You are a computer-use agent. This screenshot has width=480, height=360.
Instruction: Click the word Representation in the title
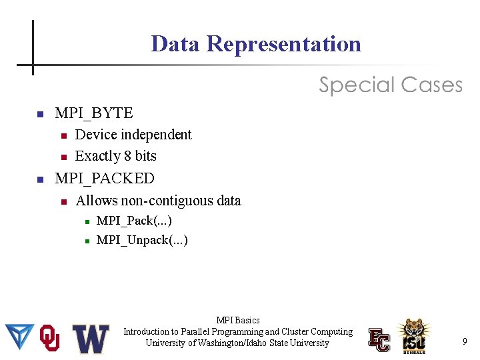click(284, 44)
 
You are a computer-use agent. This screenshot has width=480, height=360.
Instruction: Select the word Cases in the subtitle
click(431, 85)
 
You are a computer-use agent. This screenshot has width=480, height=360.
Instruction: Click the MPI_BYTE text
click(94, 113)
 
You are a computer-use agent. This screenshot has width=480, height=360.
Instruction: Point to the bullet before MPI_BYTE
click(39, 114)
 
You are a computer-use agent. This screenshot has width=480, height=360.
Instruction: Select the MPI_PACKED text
click(105, 179)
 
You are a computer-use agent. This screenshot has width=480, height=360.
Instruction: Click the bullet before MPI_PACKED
click(39, 179)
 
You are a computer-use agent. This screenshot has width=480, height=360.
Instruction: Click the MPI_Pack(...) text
click(134, 221)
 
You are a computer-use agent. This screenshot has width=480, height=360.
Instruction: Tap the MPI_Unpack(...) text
click(142, 240)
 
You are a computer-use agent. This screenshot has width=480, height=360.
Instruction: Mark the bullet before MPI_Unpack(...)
click(87, 241)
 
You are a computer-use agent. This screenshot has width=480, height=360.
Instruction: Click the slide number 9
click(465, 342)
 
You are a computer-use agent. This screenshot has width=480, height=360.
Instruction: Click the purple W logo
click(91, 339)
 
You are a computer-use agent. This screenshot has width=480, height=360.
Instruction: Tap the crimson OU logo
click(50, 338)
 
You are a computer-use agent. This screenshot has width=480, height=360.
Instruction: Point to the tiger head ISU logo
click(414, 335)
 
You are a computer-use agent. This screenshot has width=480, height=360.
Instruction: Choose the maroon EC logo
click(379, 339)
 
